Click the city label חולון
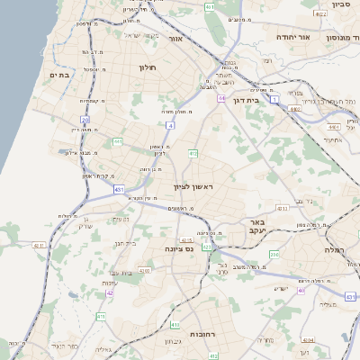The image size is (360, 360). tap(148, 67)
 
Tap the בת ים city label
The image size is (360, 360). tap(60, 76)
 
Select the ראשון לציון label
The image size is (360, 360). tap(193, 186)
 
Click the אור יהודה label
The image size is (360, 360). tap(291, 37)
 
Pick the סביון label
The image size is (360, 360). tap(340, 4)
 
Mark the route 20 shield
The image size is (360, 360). tap(85, 119)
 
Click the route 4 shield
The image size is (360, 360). tap(169, 125)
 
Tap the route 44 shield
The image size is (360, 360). tap(220, 97)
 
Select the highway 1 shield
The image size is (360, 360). tap(274, 97)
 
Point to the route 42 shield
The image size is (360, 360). tap(109, 292)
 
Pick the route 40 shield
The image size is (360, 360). tap(302, 291)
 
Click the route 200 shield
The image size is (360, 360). tap(274, 255)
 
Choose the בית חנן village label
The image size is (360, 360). tap(124, 243)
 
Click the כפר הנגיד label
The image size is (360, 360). tap(66, 346)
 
